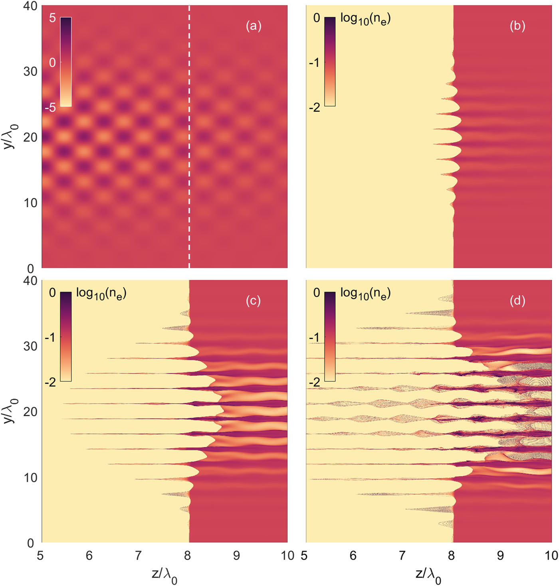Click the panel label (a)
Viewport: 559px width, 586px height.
[x=254, y=26]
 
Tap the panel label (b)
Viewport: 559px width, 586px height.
[x=517, y=26]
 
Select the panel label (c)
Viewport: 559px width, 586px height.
[x=253, y=301]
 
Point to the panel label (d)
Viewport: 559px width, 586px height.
[x=517, y=301]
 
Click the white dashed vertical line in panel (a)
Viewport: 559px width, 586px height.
[x=189, y=160]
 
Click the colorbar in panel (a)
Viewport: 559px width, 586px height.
[x=66, y=62]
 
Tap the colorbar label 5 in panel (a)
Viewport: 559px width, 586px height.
[x=52, y=18]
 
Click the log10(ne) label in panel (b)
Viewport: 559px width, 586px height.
[x=365, y=18]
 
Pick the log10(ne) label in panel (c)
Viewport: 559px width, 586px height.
[x=101, y=293]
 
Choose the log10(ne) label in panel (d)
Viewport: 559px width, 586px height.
[x=365, y=293]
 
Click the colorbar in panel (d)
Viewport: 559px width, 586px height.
[x=330, y=337]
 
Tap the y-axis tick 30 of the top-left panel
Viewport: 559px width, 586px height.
[x=30, y=71]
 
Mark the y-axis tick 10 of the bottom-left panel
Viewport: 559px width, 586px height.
[x=30, y=477]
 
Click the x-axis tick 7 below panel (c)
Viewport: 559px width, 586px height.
[x=138, y=556]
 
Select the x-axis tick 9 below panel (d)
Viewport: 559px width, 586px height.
[x=500, y=556]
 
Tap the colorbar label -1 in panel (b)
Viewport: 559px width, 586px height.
[x=315, y=63]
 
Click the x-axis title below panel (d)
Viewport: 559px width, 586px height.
[x=428, y=576]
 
